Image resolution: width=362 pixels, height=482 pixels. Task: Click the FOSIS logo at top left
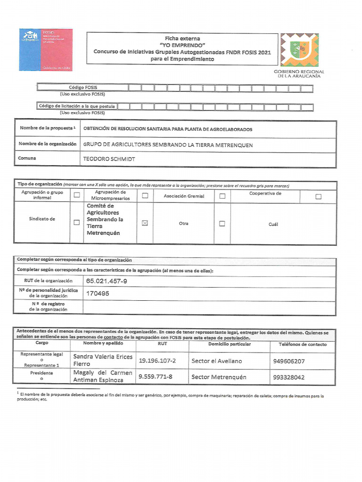coord(46,50)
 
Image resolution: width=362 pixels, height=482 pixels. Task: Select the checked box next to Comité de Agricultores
coord(145,223)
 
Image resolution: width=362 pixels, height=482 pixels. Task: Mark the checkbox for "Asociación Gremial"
coord(222,196)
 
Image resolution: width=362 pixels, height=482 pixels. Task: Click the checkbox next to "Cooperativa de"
coord(318,197)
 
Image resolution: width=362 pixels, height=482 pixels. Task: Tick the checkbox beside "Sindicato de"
coord(77,223)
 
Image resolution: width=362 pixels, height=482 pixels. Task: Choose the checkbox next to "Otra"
coord(222,224)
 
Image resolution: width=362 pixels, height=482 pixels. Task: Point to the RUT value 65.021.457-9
coord(107,281)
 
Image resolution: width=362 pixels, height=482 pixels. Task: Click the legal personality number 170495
coord(98,293)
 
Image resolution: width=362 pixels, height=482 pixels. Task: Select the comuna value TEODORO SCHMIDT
coord(109,159)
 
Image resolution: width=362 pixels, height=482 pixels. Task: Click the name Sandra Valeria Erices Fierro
coord(103,360)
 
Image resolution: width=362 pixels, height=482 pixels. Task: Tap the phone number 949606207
coord(288,361)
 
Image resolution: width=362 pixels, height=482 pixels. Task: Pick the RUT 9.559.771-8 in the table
coord(156,377)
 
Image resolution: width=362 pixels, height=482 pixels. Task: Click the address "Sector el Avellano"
coord(217,361)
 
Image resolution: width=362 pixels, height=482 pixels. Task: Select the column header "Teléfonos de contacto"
coord(303,344)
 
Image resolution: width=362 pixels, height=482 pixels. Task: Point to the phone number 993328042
coord(288,378)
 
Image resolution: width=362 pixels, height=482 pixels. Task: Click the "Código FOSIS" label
coord(83,88)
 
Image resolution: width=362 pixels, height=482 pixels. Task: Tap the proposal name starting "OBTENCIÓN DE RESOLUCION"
coord(168,129)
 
